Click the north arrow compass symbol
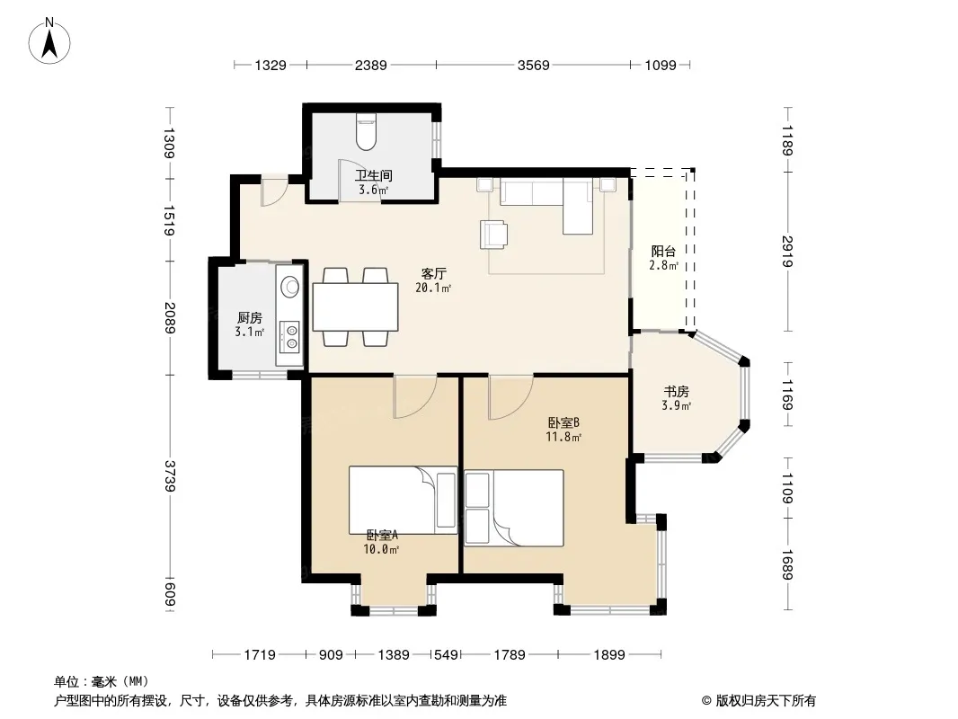49,41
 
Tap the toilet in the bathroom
366,132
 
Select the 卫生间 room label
373,176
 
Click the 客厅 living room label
433,274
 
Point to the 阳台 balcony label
663,251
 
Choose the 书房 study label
677,391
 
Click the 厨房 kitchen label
249,317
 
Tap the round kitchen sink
289,286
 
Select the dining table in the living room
356,306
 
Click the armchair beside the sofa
493,234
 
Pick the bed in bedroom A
404,501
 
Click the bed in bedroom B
514,508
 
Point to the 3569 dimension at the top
534,65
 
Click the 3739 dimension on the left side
170,475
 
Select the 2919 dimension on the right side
787,251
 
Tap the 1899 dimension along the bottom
609,655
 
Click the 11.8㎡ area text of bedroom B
563,437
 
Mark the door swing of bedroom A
415,397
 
